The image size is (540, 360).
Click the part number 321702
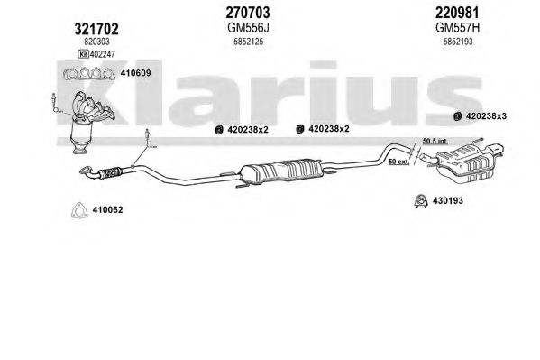(x=96, y=29)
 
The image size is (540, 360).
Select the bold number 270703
(x=248, y=13)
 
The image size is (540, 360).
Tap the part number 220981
(x=457, y=13)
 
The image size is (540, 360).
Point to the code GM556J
(x=248, y=28)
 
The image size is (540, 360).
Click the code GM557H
(x=458, y=28)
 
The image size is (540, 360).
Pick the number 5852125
(x=248, y=42)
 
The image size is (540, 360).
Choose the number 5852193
(x=458, y=42)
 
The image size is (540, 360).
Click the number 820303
(x=96, y=42)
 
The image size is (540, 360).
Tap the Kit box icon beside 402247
(x=83, y=54)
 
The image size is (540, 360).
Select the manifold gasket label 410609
(x=135, y=73)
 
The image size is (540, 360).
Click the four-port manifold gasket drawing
(x=89, y=74)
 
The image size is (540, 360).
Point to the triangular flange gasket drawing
(x=79, y=211)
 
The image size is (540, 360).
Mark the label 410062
(x=107, y=209)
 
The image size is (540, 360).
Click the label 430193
(x=448, y=200)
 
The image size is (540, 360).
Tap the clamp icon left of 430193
(x=421, y=201)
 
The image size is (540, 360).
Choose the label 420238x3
(x=486, y=116)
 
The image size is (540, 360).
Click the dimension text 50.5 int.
(x=435, y=141)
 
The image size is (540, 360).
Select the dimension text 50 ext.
(x=398, y=162)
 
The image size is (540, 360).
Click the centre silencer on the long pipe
(x=280, y=171)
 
